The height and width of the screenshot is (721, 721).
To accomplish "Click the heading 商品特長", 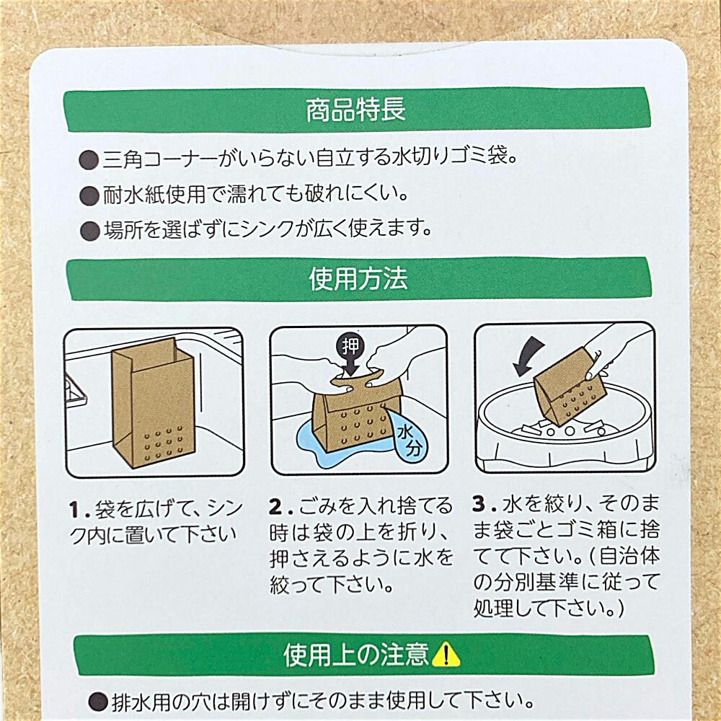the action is (356, 110).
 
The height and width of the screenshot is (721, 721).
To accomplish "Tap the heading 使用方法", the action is (358, 278).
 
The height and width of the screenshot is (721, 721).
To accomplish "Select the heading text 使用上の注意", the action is (356, 655).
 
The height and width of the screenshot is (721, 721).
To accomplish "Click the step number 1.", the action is (76, 510).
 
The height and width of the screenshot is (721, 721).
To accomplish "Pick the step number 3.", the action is (479, 505).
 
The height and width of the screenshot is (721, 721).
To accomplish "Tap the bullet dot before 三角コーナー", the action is (89, 160).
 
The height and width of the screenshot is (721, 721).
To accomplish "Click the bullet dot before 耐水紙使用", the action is (89, 196).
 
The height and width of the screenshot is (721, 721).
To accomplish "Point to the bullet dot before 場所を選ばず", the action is (89, 231).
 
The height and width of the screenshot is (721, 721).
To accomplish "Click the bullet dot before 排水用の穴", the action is (98, 703).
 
